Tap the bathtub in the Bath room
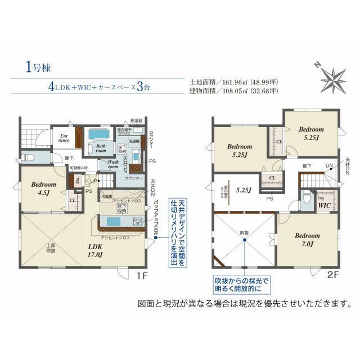99,136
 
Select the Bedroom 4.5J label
44,187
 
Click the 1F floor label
142,277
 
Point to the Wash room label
113,165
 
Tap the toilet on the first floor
31,158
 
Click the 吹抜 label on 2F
244,232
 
